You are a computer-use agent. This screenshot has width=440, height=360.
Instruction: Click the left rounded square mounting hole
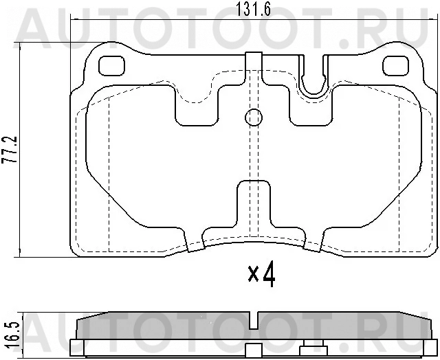tap(111, 66)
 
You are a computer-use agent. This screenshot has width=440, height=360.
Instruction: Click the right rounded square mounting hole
tap(396, 66)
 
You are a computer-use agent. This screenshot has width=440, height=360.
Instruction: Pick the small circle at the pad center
tap(254, 117)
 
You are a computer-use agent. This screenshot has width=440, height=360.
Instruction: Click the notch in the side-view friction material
tap(254, 320)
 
